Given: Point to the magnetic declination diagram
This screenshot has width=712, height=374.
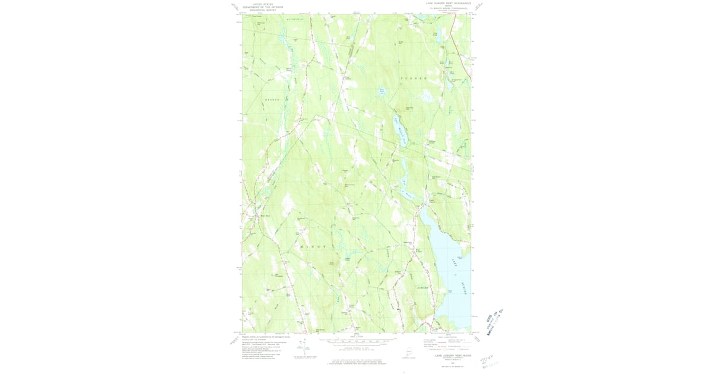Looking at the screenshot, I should pyautogui.click(x=303, y=347).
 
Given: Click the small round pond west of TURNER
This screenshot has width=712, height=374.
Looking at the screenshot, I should pyautogui.click(x=382, y=93).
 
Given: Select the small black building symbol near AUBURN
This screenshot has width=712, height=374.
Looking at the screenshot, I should pyautogui.click(x=399, y=309).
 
